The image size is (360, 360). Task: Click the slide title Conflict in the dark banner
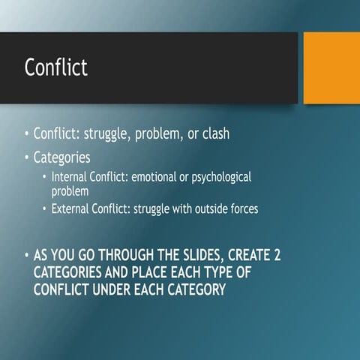55,67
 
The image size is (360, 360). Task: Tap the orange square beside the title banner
331,68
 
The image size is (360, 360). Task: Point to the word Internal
73,177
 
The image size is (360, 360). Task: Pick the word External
73,209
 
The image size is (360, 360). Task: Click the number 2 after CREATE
277,256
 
